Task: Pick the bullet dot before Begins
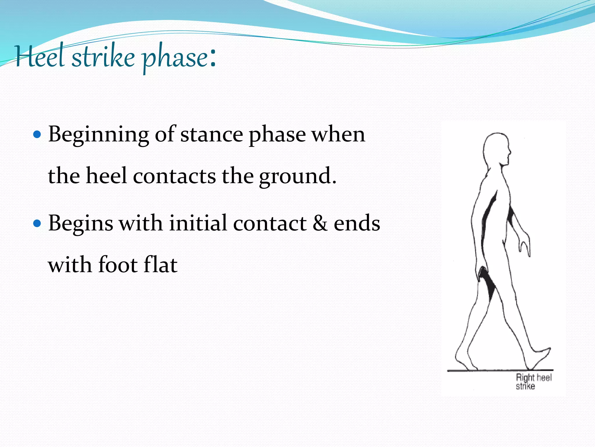coord(37,223)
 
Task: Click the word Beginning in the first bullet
coord(98,134)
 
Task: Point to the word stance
coord(212,134)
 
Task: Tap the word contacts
coord(174,176)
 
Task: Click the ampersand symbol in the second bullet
coord(320,223)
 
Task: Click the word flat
coord(160,265)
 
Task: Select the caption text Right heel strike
coord(533,382)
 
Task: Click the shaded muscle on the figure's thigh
coord(488,284)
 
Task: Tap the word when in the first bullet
coord(338,134)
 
